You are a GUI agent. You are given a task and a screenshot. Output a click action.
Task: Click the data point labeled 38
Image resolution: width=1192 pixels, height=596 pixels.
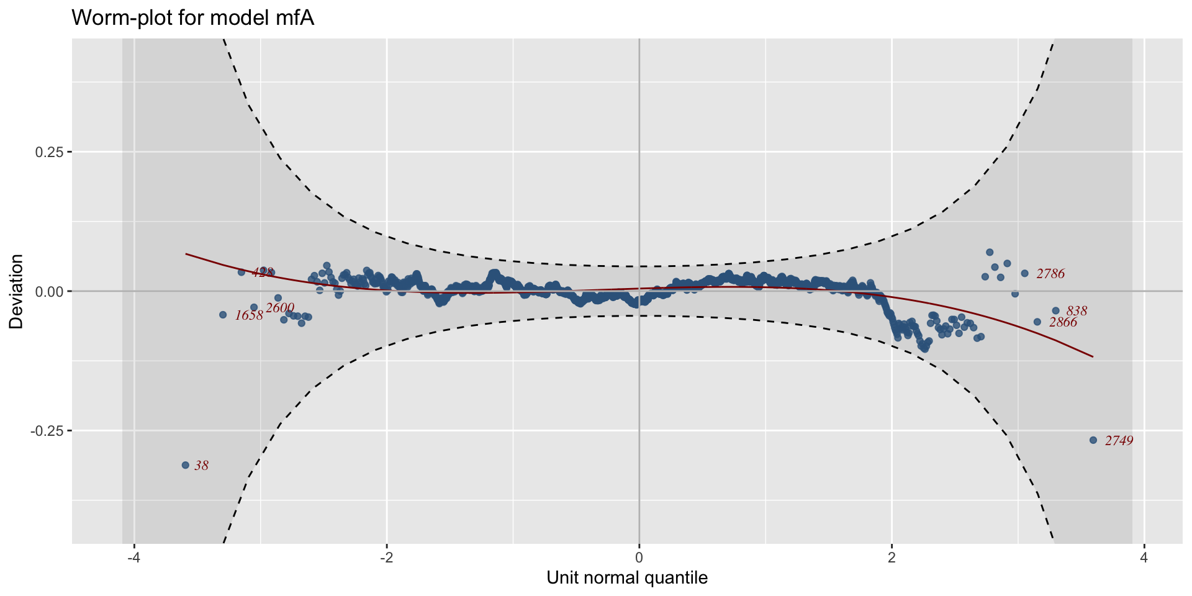pos(185,465)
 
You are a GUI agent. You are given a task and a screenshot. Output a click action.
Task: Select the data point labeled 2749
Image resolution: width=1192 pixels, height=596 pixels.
pos(1093,440)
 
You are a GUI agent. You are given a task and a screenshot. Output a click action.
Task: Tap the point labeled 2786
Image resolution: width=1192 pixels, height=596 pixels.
pos(1025,273)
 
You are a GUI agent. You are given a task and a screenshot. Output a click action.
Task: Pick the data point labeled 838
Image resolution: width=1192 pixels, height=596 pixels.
pos(1055,310)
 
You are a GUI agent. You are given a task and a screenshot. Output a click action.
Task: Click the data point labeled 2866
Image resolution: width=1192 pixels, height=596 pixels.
pos(1037,322)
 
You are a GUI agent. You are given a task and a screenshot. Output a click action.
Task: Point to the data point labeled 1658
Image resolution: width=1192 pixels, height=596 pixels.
pos(223,315)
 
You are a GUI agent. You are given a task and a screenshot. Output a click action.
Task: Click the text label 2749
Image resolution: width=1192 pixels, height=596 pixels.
pos(1119,441)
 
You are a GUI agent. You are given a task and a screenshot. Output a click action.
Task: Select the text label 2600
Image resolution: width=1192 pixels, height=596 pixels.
pos(280,308)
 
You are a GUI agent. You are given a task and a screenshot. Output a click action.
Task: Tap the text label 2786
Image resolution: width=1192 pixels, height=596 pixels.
pos(1050,274)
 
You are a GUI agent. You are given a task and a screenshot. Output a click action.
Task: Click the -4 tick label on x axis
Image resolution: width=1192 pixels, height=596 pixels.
pos(133,558)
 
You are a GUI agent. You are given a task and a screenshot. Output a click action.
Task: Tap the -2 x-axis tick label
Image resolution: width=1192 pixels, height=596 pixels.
pos(386,558)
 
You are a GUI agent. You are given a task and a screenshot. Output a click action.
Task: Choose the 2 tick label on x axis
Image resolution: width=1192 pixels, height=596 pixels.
pos(892,558)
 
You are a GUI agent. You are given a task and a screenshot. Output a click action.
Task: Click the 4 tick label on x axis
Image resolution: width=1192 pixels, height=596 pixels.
pos(1144,558)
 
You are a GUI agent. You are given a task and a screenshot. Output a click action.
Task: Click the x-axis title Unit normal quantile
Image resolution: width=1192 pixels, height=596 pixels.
pos(627,579)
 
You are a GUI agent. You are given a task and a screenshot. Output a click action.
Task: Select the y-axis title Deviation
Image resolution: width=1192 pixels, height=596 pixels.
pos(16,291)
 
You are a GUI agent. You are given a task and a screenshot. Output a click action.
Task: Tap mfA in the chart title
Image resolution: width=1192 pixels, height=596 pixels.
pos(294,18)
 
